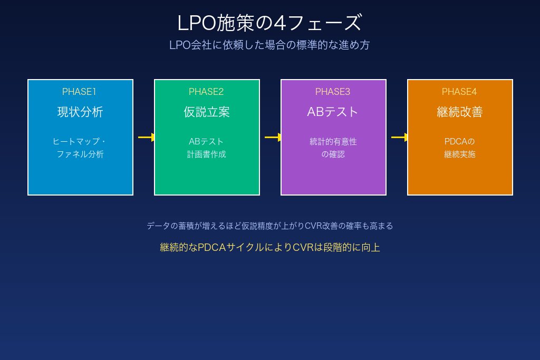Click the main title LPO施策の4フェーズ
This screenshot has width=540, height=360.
coord(269,23)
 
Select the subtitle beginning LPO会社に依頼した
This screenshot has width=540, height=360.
coord(269,45)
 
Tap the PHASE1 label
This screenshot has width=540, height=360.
coord(79,92)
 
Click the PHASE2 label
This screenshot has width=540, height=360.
coord(206,92)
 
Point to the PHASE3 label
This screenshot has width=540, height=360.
coord(333,92)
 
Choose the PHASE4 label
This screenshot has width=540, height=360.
coord(459,92)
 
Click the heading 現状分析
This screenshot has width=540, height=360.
coord(80,112)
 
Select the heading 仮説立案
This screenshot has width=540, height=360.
coord(207,112)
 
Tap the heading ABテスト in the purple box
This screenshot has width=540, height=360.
coord(333,112)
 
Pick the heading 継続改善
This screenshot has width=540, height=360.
coord(460,112)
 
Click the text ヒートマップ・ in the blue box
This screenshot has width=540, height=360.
coord(80,142)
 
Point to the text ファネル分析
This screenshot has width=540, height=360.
coord(80,154)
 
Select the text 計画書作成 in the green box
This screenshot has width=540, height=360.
coord(207,154)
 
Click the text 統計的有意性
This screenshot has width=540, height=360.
coord(333,142)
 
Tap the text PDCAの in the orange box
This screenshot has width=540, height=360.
coord(460,142)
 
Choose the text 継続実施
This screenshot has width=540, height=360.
coord(460,154)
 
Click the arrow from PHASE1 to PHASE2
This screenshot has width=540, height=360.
coord(146,138)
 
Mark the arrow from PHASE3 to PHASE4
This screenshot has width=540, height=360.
coord(399,138)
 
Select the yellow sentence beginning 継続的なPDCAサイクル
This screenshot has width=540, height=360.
coord(269,247)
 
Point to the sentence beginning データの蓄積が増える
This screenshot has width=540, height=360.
coord(269,226)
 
